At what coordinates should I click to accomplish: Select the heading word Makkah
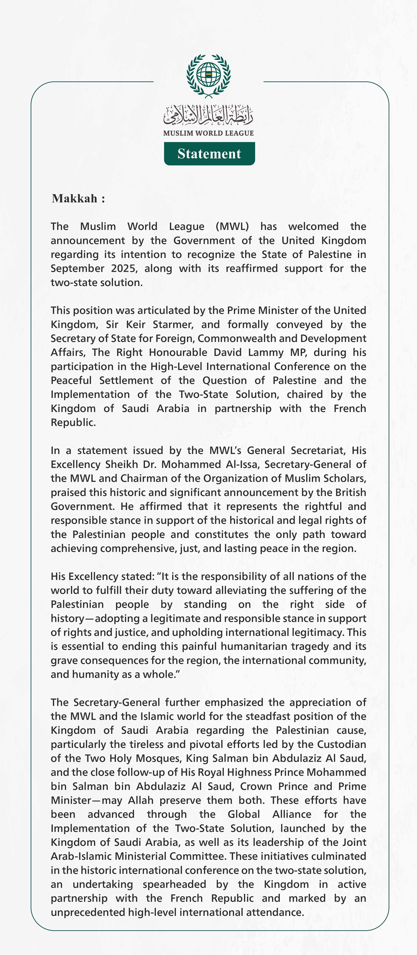point(74,199)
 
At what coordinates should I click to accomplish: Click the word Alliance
point(292,814)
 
